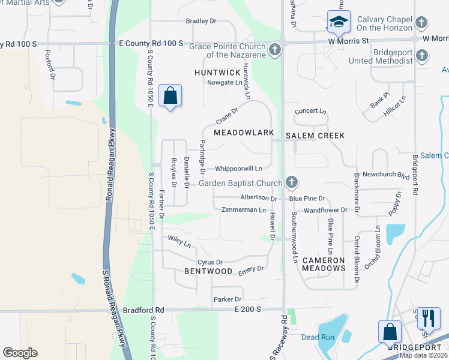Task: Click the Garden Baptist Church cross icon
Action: pyautogui.click(x=292, y=181)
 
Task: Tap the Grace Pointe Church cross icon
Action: pyautogui.click(x=276, y=49)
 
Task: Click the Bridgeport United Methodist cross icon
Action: pyautogui.click(x=422, y=56)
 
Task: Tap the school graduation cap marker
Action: pyautogui.click(x=338, y=23)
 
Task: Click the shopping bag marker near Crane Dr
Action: pyautogui.click(x=170, y=95)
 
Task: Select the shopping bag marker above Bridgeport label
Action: pyautogui.click(x=390, y=331)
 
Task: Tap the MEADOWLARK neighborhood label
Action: pyautogui.click(x=244, y=132)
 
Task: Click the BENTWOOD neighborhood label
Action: pyautogui.click(x=208, y=271)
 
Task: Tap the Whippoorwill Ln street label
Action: pyautogui.click(x=238, y=169)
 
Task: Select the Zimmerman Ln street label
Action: pyautogui.click(x=243, y=210)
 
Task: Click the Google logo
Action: pyautogui.click(x=20, y=353)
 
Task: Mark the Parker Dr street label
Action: pyautogui.click(x=227, y=299)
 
